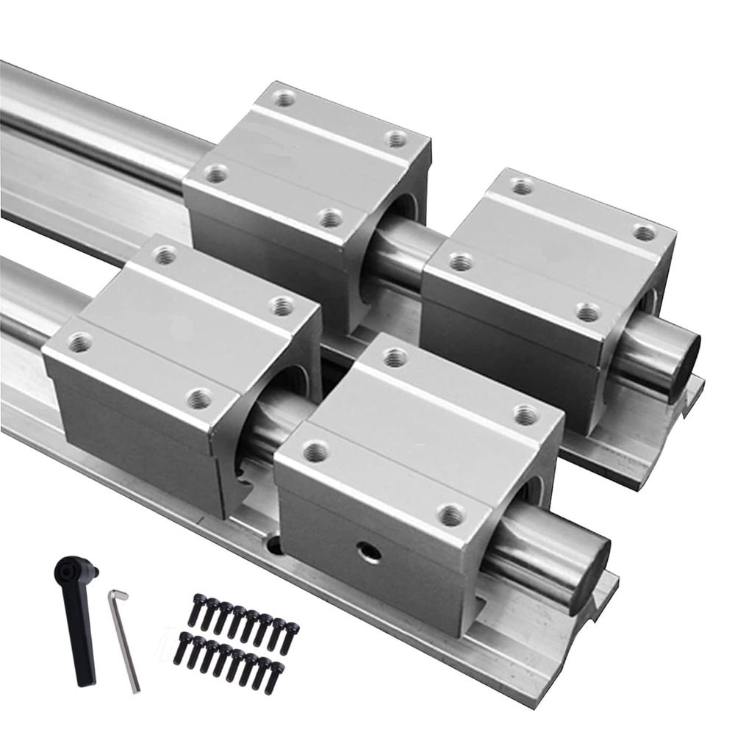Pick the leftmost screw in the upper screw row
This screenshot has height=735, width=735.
pos(196,609)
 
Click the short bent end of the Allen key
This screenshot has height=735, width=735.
pos(118,594)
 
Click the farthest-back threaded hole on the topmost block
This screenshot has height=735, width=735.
pos(284,98)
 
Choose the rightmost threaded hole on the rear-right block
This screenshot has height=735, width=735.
pos(644,234)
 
